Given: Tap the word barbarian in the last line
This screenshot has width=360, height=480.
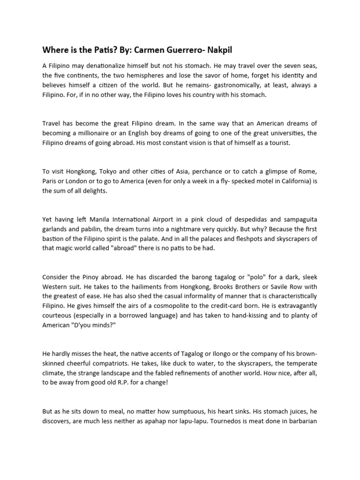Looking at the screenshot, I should pos(302,420).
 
